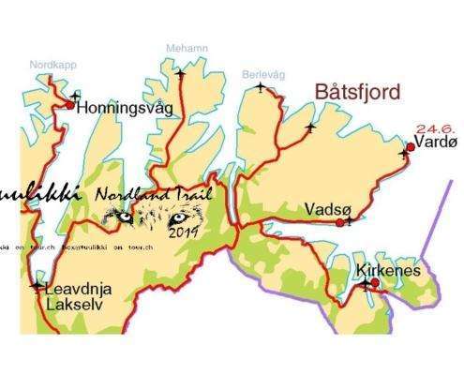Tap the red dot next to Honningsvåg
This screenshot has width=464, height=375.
pyautogui.click(x=69, y=106)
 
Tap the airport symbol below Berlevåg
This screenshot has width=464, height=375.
pyautogui.click(x=261, y=88)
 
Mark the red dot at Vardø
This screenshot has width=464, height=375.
pyautogui.click(x=411, y=146)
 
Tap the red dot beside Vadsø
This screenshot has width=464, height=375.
pyautogui.click(x=339, y=223)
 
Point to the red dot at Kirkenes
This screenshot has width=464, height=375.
pyautogui.click(x=375, y=282)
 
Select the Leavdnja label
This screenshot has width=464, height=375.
pyautogui.click(x=79, y=290)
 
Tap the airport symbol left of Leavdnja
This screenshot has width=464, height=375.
pyautogui.click(x=37, y=286)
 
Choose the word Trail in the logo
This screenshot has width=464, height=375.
pyautogui.click(x=189, y=196)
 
